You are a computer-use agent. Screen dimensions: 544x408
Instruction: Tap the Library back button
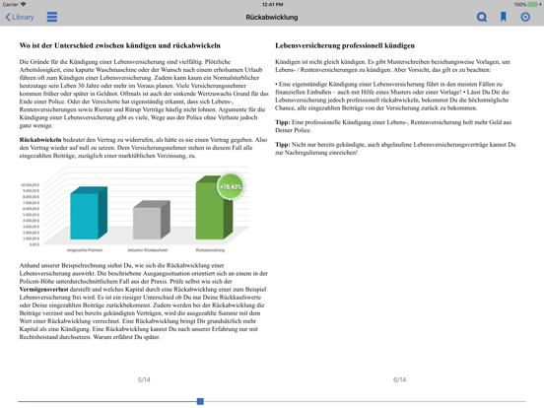pos(20,17)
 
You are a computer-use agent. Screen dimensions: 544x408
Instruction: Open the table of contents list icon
pos(52,17)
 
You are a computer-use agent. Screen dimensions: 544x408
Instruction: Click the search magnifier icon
pos(482,17)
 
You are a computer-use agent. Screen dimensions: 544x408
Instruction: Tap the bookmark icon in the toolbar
pos(504,17)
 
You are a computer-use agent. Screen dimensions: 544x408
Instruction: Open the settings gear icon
pos(525,17)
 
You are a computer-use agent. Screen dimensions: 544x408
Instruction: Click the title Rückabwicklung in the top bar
pos(271,17)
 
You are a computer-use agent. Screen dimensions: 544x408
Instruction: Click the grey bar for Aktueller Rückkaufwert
pos(148,222)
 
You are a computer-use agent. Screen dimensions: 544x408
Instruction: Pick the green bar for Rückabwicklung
pos(209,211)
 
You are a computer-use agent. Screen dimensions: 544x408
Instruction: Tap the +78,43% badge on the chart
pos(230,186)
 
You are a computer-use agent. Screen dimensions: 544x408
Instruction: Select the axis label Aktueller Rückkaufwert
pos(149,250)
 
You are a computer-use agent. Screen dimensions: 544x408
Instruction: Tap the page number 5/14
pos(144,379)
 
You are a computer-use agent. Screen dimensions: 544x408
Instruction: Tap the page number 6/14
pos(399,379)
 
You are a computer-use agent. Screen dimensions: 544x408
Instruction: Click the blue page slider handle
pos(200,401)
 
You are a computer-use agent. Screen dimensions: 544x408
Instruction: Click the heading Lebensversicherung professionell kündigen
pos(345,45)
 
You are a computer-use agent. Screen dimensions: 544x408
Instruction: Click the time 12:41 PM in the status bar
pos(272,4)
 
